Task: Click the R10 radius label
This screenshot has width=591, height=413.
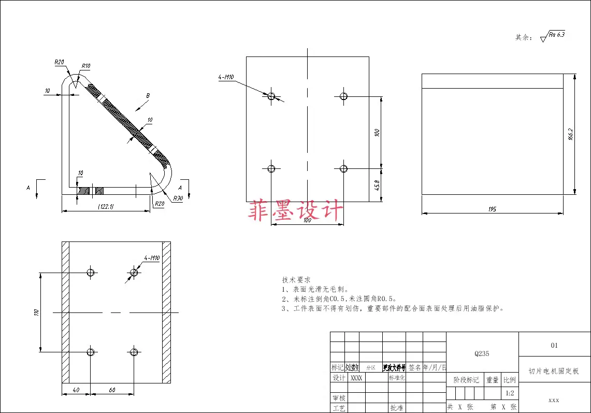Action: coord(85,66)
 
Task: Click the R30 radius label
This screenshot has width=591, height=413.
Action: coord(178,198)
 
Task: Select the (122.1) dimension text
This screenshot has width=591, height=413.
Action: coord(106,206)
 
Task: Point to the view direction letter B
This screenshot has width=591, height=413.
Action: coord(148,96)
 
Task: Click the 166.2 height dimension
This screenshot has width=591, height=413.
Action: coord(570,134)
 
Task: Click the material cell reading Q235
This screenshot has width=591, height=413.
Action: coord(482,354)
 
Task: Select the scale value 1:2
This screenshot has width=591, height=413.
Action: coord(510,393)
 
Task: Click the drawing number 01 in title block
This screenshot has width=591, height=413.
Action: coord(554,345)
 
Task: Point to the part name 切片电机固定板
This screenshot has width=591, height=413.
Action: coord(554,371)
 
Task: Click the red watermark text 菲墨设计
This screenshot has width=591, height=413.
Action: coord(296,211)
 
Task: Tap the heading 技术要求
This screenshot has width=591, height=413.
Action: coord(296,279)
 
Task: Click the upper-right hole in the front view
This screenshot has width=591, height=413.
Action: coord(343,96)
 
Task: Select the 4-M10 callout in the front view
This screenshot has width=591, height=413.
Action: coord(226,78)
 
